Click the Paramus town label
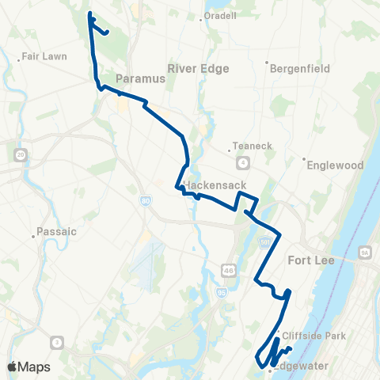tap(139, 79)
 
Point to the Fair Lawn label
tap(44, 57)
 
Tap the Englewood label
tap(332, 165)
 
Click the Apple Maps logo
tap(28, 367)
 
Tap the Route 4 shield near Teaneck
tap(243, 162)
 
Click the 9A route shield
tap(365, 252)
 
